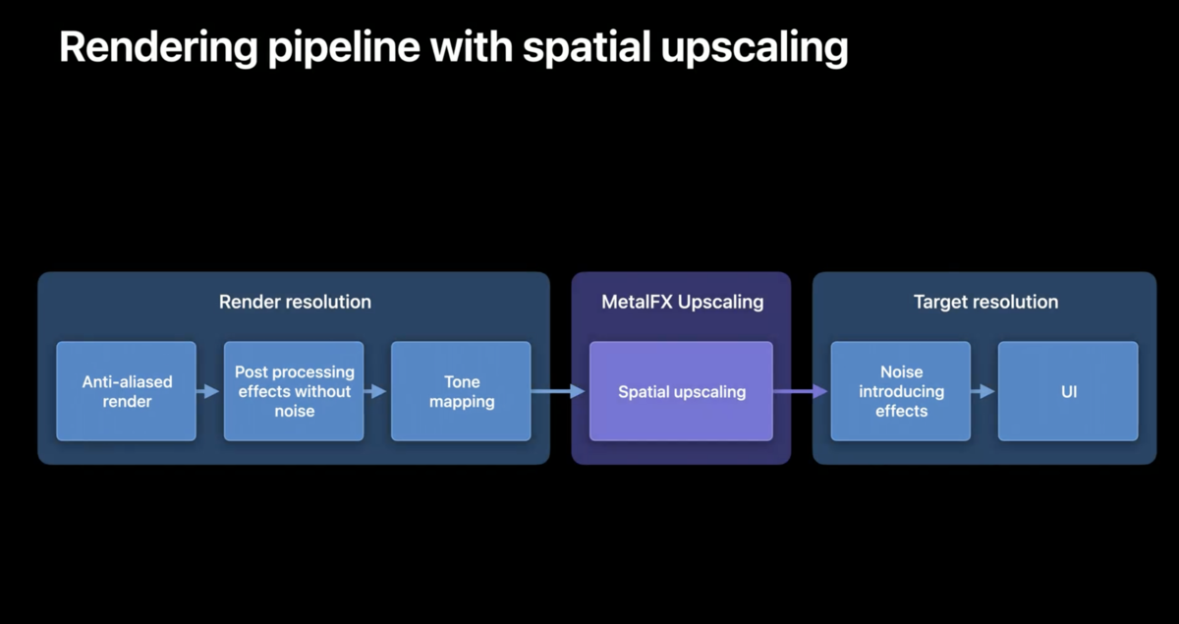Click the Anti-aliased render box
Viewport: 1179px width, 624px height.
[127, 391]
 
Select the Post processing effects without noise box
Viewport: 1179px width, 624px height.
[294, 391]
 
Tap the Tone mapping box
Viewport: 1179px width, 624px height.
[461, 391]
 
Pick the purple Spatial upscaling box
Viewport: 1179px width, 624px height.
[681, 391]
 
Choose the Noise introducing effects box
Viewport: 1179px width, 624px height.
[901, 391]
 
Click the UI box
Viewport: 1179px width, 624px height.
[1068, 391]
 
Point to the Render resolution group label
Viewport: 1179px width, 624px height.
[295, 302]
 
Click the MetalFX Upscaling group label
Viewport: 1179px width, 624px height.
[682, 303]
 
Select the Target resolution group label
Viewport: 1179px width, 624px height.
[985, 303]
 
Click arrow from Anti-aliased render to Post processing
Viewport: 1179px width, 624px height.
[207, 391]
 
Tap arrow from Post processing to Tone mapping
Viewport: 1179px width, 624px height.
[374, 391]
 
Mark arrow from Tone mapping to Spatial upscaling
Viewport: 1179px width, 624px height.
[558, 391]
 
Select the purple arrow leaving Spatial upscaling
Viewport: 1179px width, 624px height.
[800, 391]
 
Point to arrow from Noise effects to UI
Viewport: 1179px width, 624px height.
[982, 391]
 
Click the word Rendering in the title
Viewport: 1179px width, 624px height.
[158, 48]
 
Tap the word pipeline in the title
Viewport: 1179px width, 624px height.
[344, 48]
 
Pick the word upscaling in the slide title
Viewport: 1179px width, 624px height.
[755, 48]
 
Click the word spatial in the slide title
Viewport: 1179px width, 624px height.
[587, 48]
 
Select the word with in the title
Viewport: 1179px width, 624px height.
[471, 47]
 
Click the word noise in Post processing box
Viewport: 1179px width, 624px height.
[294, 412]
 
